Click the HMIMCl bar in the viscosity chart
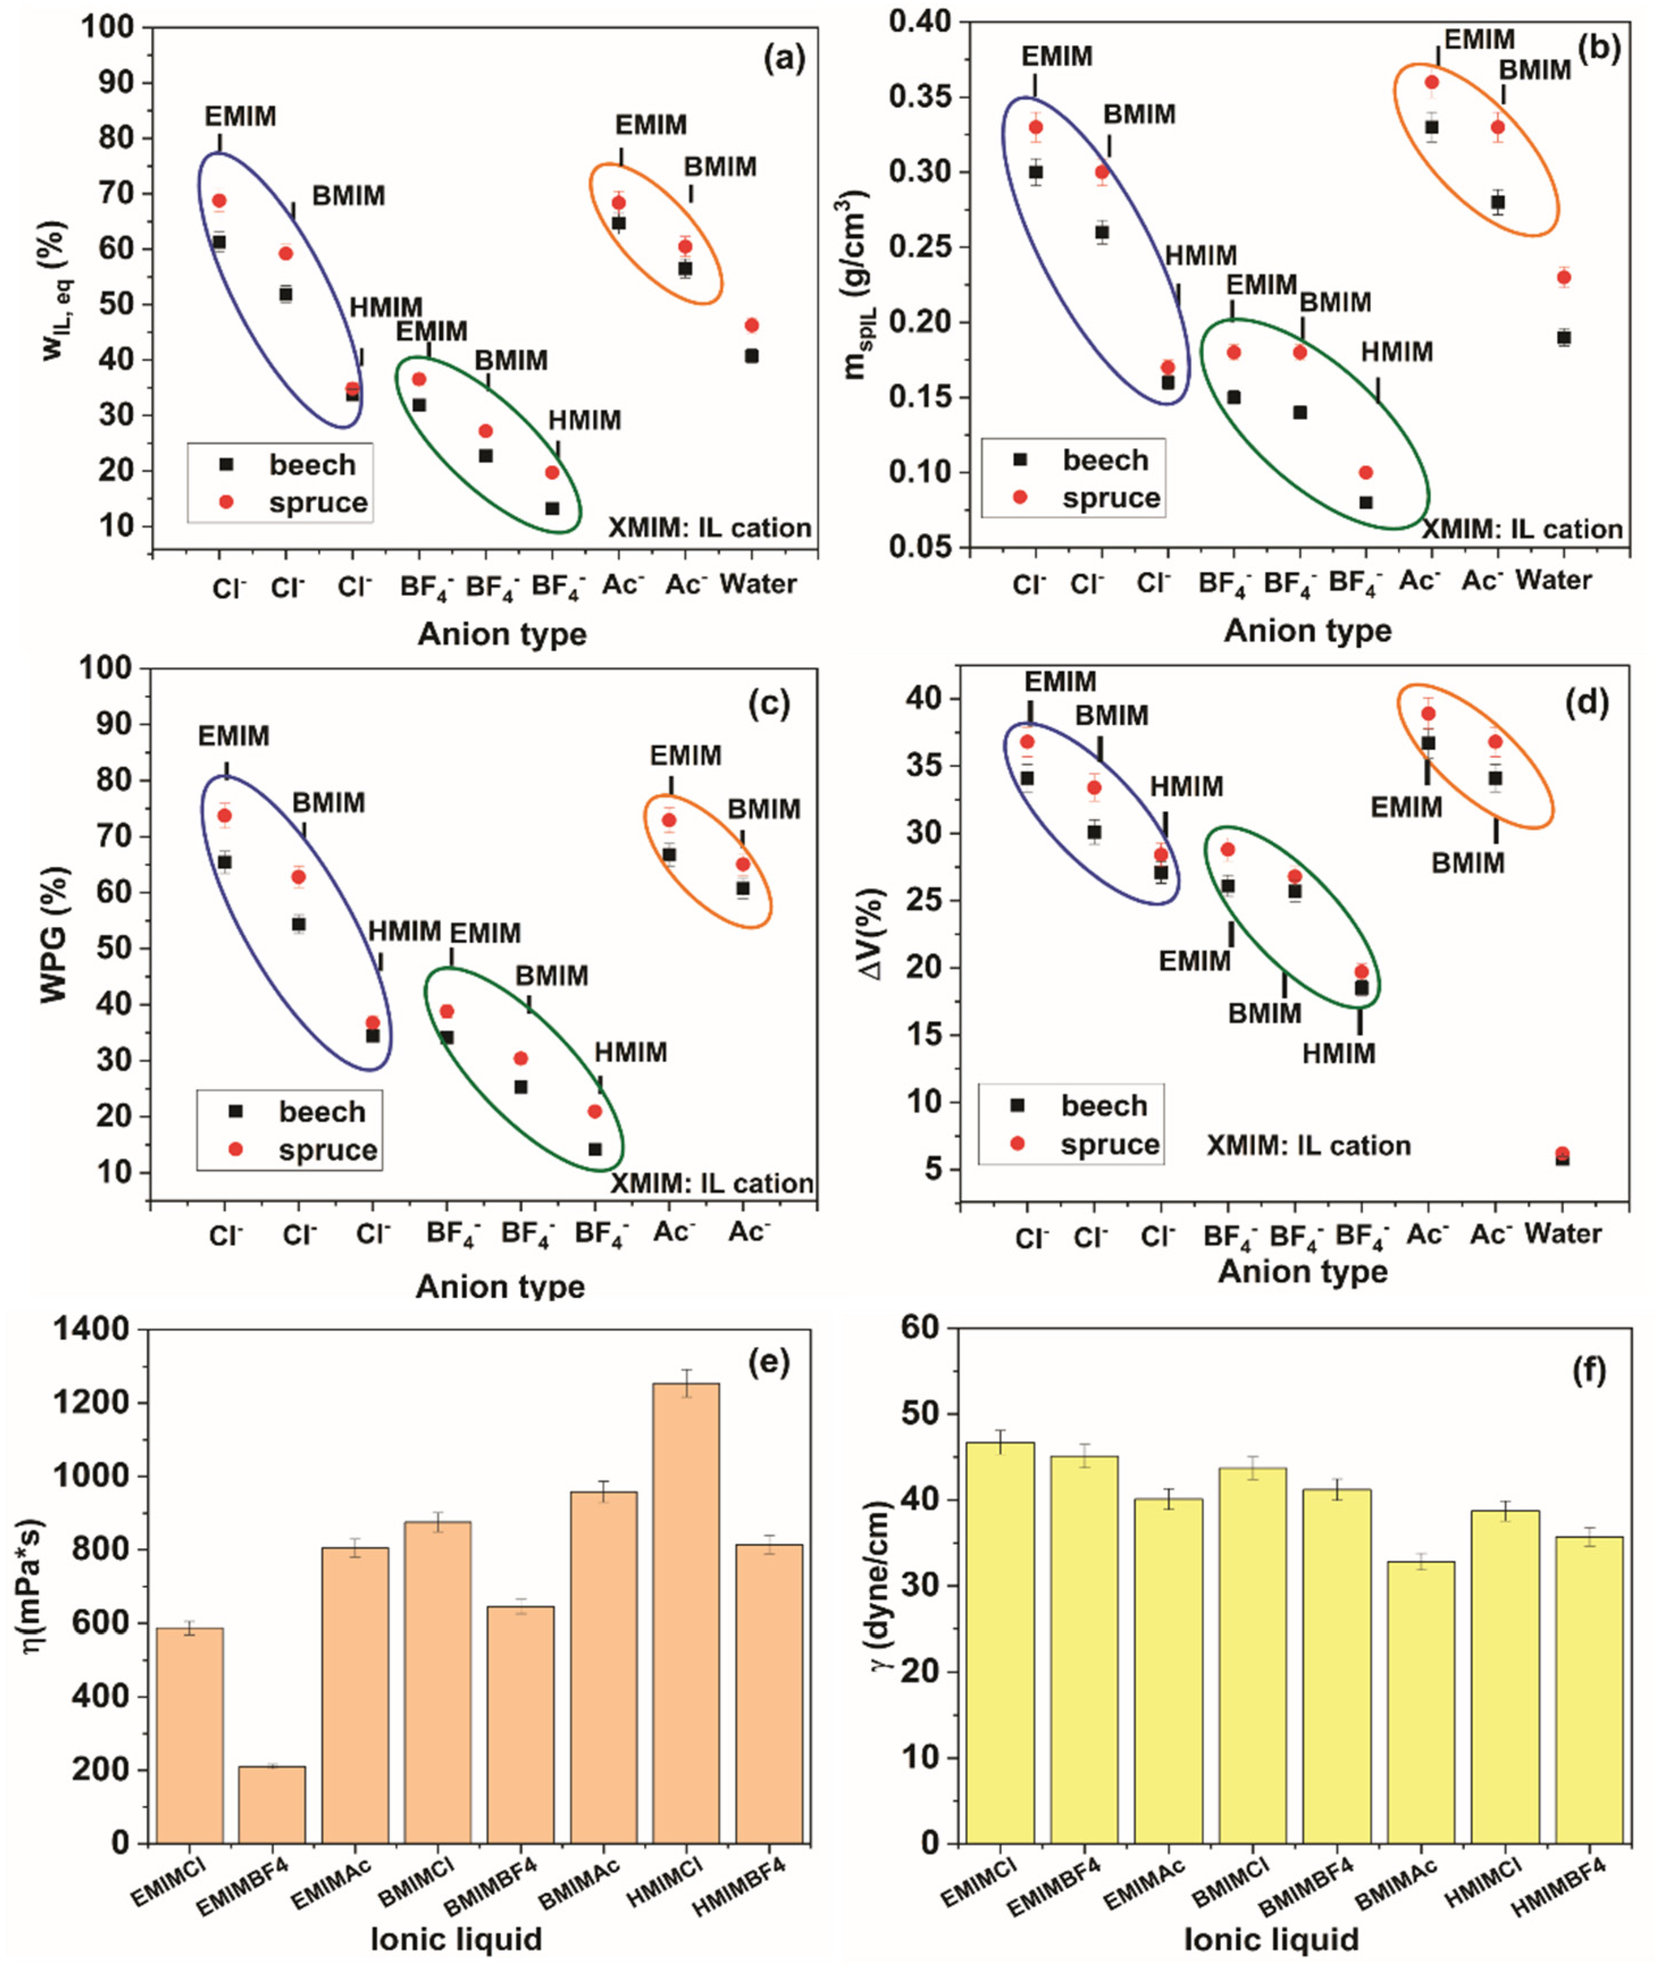click(x=685, y=1612)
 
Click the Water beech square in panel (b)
click(x=1563, y=338)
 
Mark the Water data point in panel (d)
click(x=1562, y=1156)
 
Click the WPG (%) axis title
click(x=54, y=935)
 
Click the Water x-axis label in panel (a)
click(x=758, y=585)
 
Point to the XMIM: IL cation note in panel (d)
click(x=1309, y=1146)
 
